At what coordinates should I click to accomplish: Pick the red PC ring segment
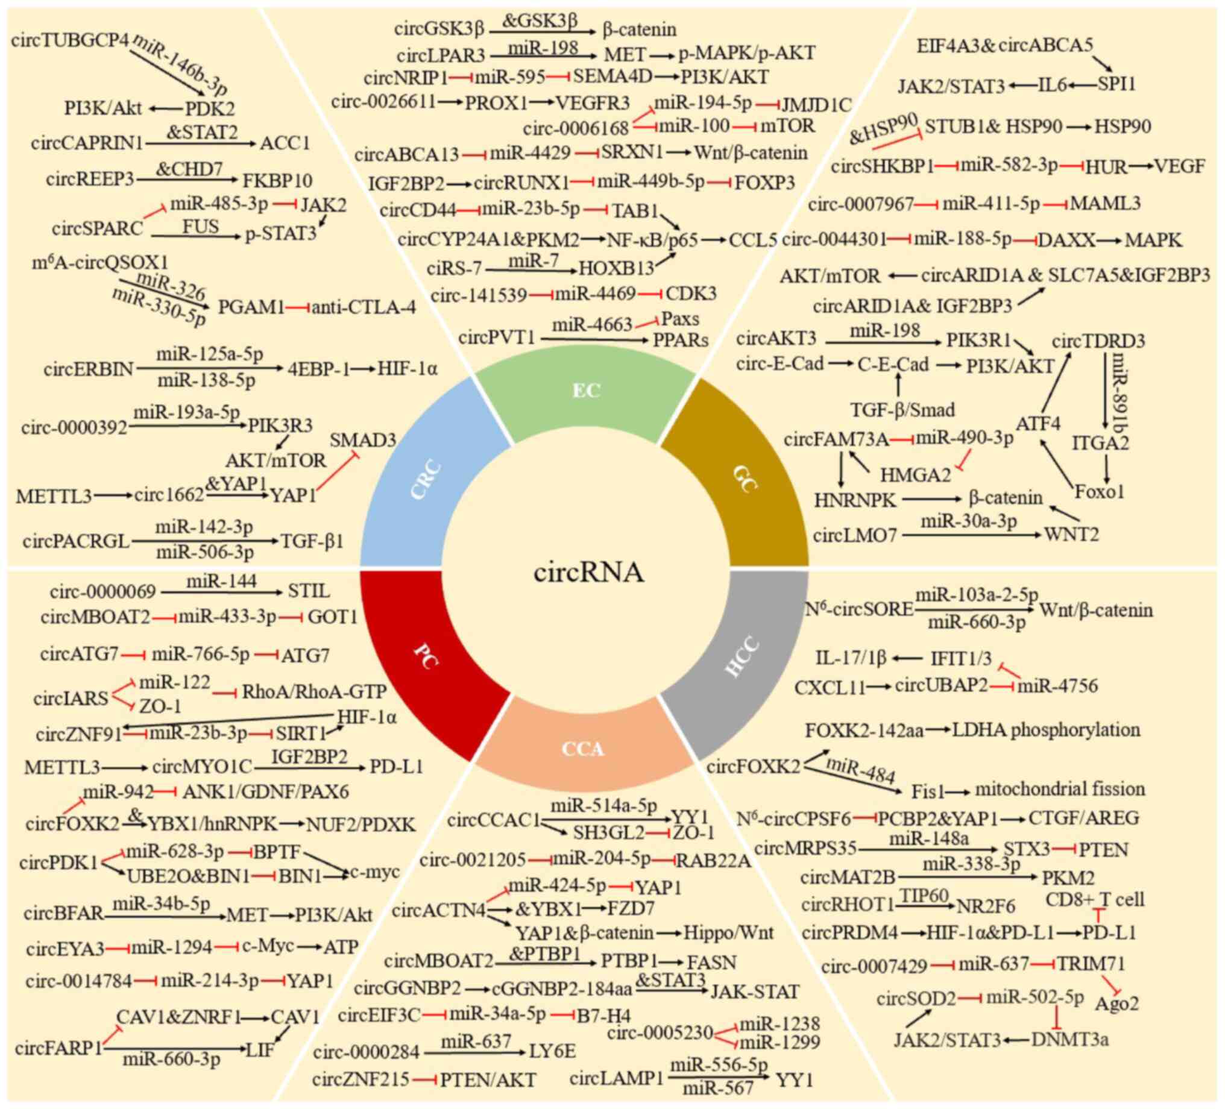click(426, 656)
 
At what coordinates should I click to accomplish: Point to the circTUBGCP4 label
click(70, 42)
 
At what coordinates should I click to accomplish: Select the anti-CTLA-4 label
click(364, 307)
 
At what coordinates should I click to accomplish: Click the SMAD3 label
click(363, 440)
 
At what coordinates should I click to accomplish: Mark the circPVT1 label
click(496, 337)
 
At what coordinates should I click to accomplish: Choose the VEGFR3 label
click(593, 103)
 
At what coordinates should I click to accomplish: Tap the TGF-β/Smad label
click(902, 410)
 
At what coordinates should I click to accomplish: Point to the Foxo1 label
click(1100, 491)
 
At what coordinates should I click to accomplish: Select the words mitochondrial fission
click(1060, 789)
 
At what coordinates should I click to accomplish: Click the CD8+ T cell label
click(1095, 899)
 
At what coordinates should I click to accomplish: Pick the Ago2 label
click(1117, 1004)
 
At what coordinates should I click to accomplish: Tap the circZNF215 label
click(361, 1079)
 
